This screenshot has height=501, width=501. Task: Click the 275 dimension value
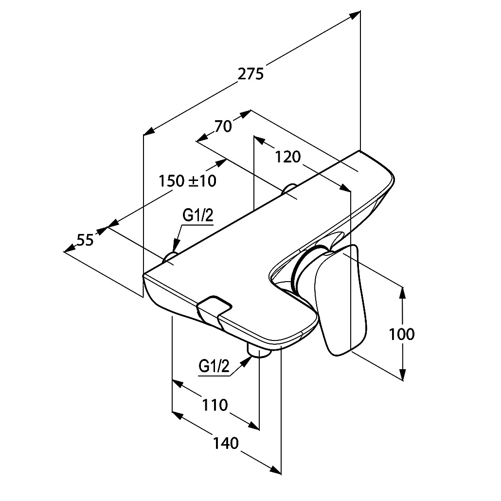251,74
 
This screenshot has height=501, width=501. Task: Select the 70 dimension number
223,126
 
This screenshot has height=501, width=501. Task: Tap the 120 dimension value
288,157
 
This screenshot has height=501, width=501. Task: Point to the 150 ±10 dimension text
188,181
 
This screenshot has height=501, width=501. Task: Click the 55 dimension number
85,240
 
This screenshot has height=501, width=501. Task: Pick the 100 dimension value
402,334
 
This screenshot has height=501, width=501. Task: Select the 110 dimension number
215,405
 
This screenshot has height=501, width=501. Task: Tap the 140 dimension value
226,443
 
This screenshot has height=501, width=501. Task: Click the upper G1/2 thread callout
198,216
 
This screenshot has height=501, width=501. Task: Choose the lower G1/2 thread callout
214,366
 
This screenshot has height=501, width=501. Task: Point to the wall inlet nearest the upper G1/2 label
170,257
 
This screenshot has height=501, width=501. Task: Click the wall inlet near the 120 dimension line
289,188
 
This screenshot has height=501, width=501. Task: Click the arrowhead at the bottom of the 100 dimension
403,375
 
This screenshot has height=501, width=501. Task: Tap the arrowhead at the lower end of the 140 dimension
275,469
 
